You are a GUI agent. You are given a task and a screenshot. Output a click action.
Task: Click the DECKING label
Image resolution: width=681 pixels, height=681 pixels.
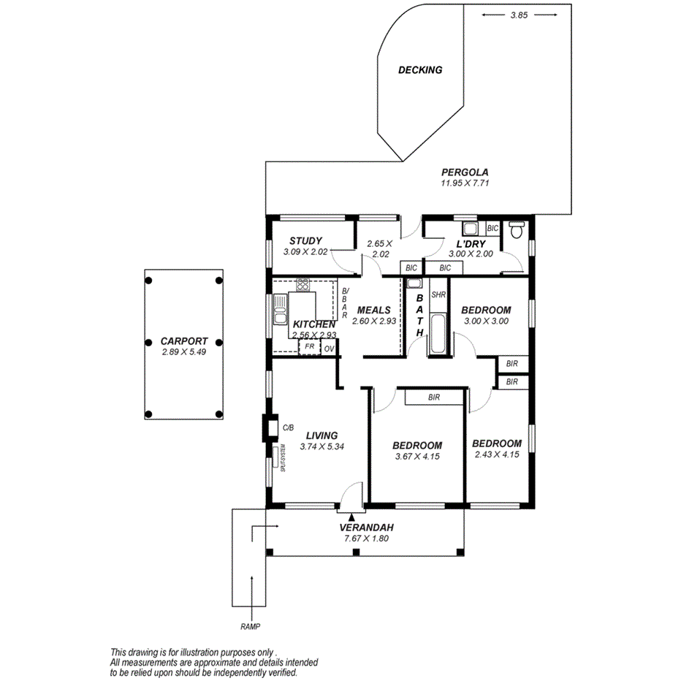tap(420, 70)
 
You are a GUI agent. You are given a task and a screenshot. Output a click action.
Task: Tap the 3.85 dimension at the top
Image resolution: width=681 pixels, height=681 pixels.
tap(517, 14)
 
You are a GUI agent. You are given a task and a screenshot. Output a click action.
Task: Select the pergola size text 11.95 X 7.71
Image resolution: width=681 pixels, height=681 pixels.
tap(464, 183)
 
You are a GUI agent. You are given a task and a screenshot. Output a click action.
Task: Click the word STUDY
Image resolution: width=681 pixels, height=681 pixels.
tap(305, 241)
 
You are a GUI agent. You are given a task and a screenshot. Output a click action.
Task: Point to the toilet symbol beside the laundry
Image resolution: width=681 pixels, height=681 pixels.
tap(517, 232)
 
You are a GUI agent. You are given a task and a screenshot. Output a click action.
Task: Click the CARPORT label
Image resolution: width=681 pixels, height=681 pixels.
tap(185, 340)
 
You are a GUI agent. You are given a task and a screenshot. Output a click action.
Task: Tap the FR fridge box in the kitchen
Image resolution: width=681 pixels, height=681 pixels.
tap(309, 347)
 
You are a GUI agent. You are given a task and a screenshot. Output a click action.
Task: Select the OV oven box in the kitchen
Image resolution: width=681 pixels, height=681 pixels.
tap(329, 349)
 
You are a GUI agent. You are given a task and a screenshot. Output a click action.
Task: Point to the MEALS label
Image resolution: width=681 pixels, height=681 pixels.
tap(373, 310)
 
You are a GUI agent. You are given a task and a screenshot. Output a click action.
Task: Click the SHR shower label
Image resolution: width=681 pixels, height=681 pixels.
tap(438, 295)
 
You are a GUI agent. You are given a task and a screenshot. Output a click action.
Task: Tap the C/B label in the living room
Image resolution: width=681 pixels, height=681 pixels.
tap(287, 427)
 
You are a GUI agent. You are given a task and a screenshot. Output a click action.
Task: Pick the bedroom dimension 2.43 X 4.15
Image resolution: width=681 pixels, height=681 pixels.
tap(496, 454)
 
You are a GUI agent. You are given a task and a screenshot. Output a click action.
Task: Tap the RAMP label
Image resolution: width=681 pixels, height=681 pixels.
tap(250, 627)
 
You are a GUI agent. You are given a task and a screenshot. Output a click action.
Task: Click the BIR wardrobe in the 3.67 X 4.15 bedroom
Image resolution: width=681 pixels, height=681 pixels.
tap(434, 397)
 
